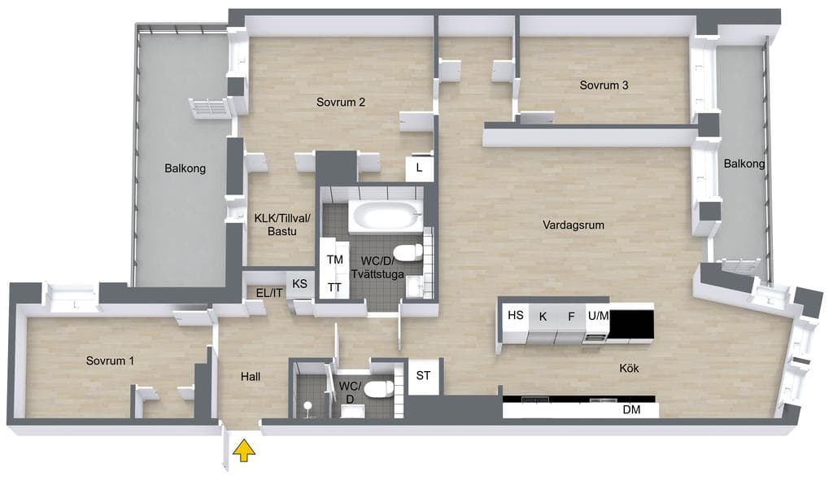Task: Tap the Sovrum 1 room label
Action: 110,360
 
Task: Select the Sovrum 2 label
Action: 341,102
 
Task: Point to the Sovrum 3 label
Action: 604,85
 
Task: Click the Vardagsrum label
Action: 574,225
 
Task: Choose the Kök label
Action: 629,368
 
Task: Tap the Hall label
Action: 251,377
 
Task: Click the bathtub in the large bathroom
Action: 386,216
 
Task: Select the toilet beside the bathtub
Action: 408,253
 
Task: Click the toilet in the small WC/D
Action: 381,389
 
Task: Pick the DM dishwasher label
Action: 631,409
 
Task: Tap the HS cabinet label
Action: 515,315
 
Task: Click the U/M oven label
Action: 598,316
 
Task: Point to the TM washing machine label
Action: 334,260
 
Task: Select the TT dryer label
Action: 334,287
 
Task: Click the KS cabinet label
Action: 299,284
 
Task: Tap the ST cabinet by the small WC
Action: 423,376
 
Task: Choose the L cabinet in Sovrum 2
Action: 420,168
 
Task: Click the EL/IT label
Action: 269,293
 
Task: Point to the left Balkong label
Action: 185,168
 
